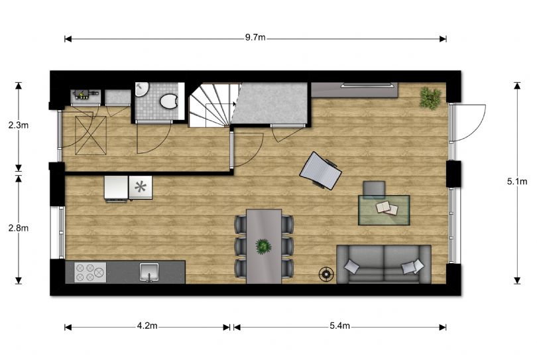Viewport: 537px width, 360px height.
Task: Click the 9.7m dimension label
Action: (255, 37)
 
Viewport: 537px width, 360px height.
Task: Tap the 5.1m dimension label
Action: (517, 182)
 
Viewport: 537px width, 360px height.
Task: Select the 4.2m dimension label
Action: (147, 326)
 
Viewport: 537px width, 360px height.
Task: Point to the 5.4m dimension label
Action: (339, 326)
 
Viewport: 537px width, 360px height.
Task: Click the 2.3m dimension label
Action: (19, 125)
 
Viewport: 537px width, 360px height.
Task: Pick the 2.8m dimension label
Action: (19, 228)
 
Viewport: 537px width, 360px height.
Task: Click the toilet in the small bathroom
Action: (168, 101)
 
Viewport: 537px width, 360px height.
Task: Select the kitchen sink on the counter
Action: (149, 272)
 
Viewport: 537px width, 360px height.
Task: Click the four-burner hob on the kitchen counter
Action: (90, 272)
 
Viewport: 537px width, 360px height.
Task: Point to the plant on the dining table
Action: (263, 246)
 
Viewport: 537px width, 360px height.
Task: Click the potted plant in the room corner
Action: (430, 98)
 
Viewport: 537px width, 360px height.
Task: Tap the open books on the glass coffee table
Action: (387, 208)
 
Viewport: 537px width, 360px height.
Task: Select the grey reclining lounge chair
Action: (321, 170)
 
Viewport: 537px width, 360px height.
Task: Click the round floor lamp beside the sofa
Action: (326, 274)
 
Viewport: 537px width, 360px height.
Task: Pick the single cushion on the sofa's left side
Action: (352, 266)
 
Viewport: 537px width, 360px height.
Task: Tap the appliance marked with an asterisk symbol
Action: (141, 187)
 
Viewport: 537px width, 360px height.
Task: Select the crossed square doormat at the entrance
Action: (91, 135)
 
